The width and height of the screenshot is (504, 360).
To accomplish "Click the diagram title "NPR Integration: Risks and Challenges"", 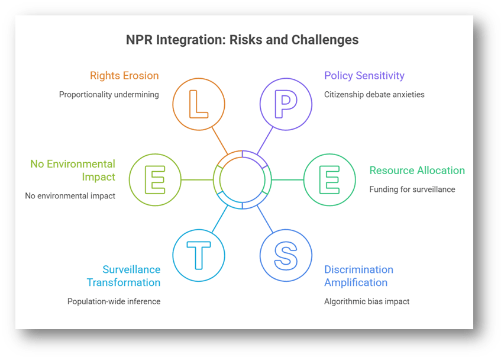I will [242, 40].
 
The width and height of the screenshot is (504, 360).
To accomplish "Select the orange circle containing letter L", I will [199, 104].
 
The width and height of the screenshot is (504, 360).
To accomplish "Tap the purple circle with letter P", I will [286, 104].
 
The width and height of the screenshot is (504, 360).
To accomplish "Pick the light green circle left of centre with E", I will [155, 179].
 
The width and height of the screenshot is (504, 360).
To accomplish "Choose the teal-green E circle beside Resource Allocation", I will [329, 179].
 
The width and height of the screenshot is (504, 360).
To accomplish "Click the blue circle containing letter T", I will [199, 255].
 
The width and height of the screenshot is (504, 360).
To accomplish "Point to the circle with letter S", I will [286, 255].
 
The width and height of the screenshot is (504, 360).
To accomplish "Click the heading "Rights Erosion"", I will [124, 76].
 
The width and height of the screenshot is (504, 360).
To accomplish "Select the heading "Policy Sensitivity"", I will [364, 76].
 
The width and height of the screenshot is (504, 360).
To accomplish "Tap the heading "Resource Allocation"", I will [417, 171].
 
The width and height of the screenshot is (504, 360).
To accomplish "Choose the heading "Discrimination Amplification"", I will [358, 276].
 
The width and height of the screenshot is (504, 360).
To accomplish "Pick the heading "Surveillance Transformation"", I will [124, 276].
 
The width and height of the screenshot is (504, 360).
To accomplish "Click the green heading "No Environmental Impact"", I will [73, 170].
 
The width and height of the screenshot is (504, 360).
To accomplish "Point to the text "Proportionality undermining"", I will [109, 94].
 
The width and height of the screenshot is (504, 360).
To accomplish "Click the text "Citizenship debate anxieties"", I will [374, 94].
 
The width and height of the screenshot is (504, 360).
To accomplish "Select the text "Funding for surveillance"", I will [413, 189].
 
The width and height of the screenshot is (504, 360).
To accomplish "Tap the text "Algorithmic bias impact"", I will [367, 301].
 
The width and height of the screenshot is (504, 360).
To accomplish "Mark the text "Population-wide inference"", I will [114, 301].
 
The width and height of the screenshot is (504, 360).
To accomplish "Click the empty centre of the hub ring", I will [242, 179].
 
